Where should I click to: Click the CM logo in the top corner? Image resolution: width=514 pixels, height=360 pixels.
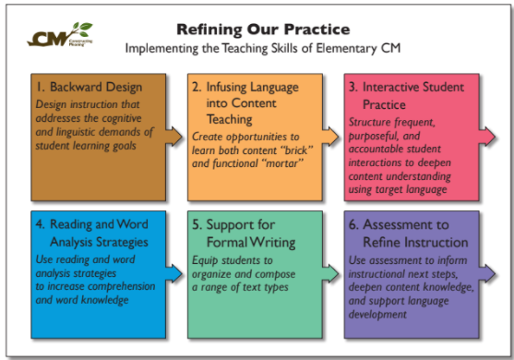(58, 37)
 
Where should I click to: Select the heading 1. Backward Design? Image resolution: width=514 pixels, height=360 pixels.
(89, 88)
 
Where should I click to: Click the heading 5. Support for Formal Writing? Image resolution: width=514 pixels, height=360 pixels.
(244, 234)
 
